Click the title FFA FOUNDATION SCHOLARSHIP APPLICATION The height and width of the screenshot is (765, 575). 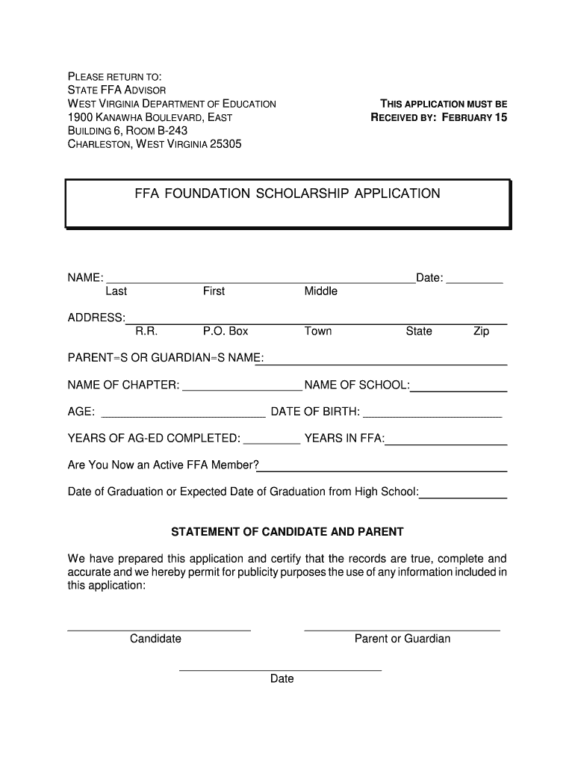point(287,194)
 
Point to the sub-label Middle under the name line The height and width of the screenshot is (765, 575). point(320,291)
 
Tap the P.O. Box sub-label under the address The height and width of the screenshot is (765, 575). point(226,331)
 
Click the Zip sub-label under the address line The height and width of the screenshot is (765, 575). point(481,331)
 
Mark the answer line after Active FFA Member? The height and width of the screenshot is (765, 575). point(383,469)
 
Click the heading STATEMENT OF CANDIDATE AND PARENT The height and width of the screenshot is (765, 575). point(287,532)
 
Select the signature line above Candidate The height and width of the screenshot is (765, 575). point(159,631)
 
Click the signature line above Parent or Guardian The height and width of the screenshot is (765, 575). point(402,631)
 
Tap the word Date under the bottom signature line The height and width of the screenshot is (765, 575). point(282,679)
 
